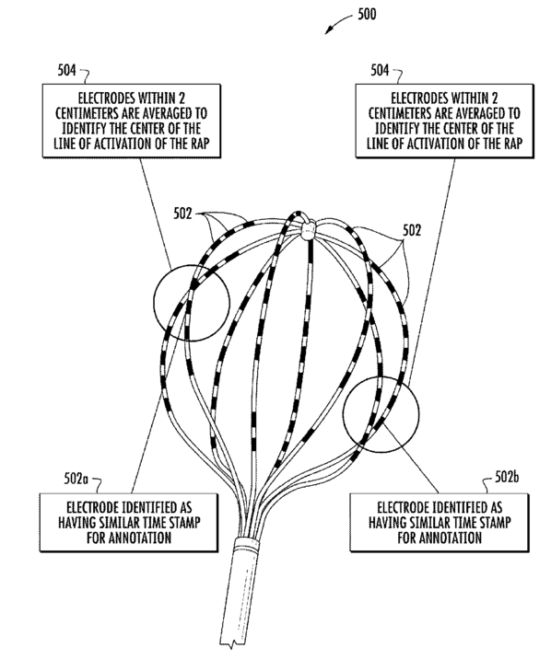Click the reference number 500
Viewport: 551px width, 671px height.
point(367,15)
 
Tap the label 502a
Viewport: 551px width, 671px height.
point(76,479)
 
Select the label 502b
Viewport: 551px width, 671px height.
point(507,477)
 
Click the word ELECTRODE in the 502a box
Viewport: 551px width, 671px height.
point(92,508)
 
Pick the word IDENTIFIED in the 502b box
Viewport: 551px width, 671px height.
point(462,508)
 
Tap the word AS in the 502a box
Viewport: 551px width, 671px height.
point(185,508)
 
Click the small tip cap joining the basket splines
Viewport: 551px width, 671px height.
point(308,229)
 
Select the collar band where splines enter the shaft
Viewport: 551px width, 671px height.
point(247,542)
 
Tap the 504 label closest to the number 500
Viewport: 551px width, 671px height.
point(380,70)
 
